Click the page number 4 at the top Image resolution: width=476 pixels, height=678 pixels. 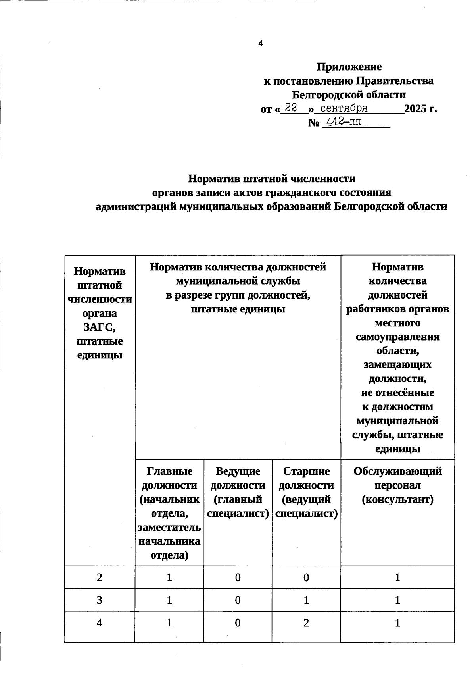click(261, 44)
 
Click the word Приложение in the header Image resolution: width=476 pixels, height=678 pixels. click(349, 67)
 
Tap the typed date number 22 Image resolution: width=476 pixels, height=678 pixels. click(291, 108)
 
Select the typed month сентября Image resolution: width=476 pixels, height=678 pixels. click(344, 108)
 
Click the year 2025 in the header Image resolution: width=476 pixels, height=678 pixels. click(415, 109)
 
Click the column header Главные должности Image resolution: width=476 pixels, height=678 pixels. click(169, 478)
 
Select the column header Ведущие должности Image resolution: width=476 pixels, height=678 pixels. click(238, 478)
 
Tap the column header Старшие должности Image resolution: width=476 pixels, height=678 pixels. click(306, 478)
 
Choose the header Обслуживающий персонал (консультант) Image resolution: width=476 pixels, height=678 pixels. click(397, 485)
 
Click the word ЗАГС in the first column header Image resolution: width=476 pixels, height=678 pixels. click(99, 327)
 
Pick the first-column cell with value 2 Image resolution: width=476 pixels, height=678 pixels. click(99, 577)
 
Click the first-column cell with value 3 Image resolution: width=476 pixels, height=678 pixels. click(99, 600)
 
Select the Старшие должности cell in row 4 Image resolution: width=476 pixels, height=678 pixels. click(306, 623)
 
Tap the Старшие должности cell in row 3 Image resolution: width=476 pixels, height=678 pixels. click(306, 600)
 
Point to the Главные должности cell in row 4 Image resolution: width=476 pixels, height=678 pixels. click(169, 623)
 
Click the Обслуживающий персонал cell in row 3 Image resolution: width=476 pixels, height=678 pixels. click(397, 600)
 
